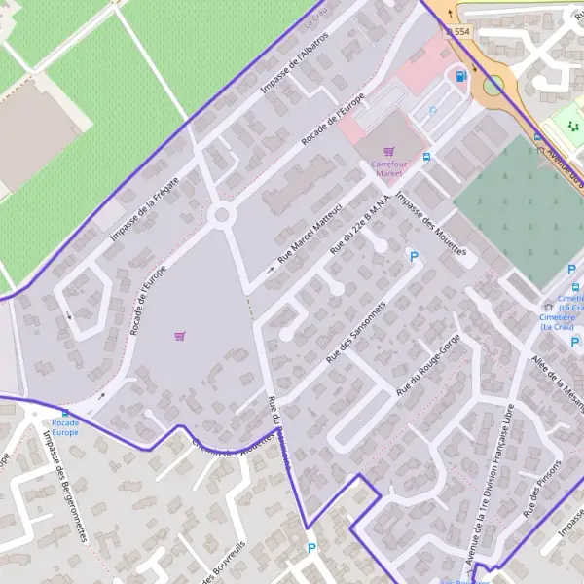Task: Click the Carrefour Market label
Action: pyautogui.click(x=387, y=168)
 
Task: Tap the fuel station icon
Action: pyautogui.click(x=460, y=76)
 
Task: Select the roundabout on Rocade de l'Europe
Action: pyautogui.click(x=222, y=214)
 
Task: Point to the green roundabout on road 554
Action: pyautogui.click(x=493, y=86)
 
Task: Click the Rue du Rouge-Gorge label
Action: pyautogui.click(x=427, y=364)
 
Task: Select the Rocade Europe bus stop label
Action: pyautogui.click(x=65, y=428)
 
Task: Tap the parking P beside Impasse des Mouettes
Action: pyautogui.click(x=414, y=257)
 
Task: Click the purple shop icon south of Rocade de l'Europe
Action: pyautogui.click(x=179, y=336)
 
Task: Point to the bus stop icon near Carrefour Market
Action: pyautogui.click(x=426, y=156)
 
